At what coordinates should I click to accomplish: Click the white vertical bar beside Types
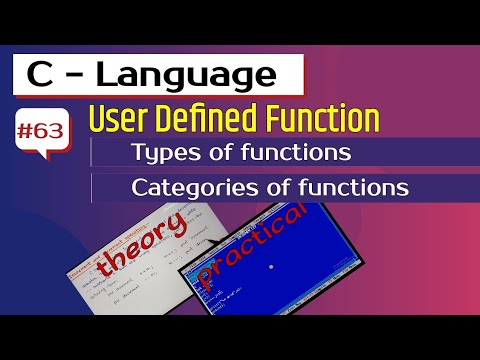click(92, 153)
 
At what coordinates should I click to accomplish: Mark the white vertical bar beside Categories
click(92, 187)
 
